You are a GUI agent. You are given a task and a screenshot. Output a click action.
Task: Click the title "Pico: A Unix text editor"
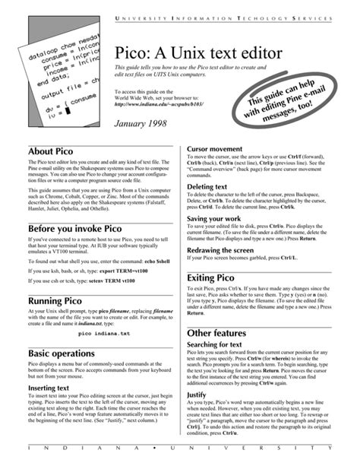[199, 54]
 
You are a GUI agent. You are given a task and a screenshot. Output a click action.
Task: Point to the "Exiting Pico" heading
[219, 279]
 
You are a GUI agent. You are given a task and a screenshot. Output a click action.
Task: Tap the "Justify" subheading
[197, 396]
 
